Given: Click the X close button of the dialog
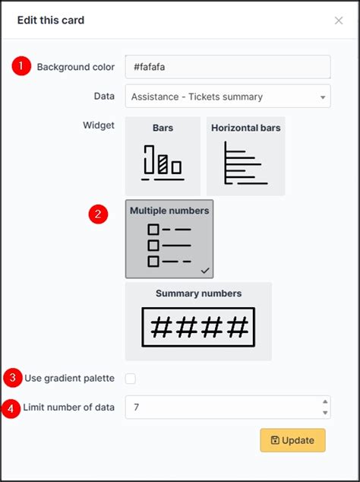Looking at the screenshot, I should [339, 21].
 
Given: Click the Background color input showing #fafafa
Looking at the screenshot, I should [228, 67].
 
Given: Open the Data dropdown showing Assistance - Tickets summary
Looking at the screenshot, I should [228, 97].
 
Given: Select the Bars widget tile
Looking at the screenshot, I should [163, 156].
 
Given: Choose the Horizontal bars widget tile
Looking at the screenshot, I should [245, 156].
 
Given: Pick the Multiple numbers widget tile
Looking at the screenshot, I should [169, 239].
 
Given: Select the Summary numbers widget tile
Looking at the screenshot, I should [198, 321].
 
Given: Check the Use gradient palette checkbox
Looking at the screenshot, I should [131, 379].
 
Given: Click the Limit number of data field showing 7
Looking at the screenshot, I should [220, 407].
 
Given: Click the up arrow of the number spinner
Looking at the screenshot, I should [325, 401].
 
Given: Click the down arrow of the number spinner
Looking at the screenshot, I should [325, 413].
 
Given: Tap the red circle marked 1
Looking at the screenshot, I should [21, 66].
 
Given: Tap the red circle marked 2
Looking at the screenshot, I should [97, 214].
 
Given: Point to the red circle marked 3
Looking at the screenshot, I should [13, 377].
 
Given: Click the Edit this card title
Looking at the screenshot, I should [51, 21].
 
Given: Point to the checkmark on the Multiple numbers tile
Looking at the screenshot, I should [205, 269].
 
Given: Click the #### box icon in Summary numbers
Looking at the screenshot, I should [198, 328].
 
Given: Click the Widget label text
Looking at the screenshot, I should [98, 125].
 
